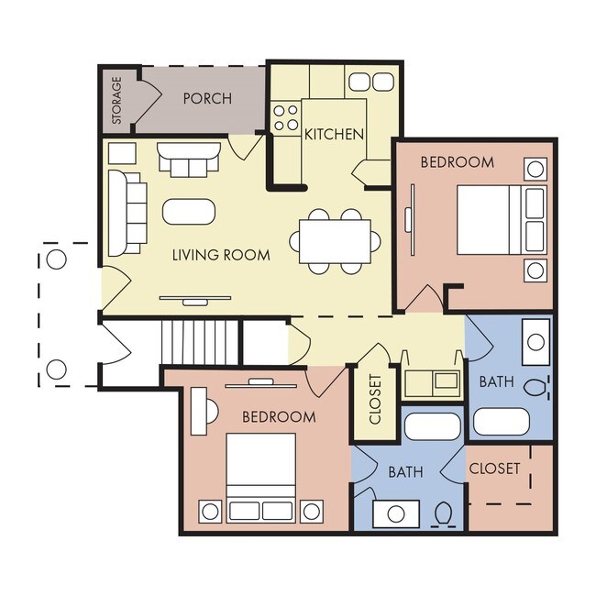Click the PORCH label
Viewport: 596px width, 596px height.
click(207, 98)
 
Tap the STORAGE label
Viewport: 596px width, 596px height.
click(116, 100)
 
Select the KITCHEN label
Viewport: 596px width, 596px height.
click(334, 134)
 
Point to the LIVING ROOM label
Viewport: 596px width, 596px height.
click(221, 255)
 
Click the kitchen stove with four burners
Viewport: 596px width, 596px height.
click(286, 117)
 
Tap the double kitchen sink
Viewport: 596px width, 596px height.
click(371, 82)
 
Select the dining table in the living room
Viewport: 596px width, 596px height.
click(335, 241)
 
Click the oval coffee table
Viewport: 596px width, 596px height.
click(189, 211)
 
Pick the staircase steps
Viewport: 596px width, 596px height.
click(200, 343)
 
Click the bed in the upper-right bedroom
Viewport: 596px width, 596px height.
click(502, 220)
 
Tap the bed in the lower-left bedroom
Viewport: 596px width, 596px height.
click(260, 478)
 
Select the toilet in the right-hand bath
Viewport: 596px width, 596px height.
click(536, 387)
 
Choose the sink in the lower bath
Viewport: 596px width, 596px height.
click(396, 513)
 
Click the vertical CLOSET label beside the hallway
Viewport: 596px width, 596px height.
click(375, 399)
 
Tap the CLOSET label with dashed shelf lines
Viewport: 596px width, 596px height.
click(494, 469)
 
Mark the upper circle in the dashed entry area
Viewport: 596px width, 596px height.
click(56, 259)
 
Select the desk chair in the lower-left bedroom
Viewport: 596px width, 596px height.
click(212, 412)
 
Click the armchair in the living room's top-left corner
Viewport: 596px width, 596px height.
click(122, 153)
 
